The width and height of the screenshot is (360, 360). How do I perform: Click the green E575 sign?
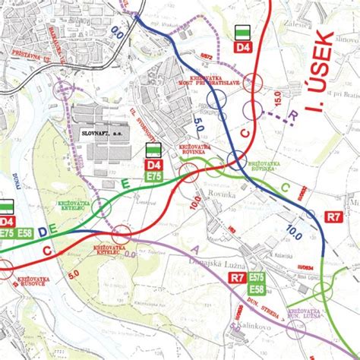[x=256, y=278]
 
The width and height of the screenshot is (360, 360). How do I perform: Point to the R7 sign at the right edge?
[x=334, y=216]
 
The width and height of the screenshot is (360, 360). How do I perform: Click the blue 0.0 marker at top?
[x=116, y=33]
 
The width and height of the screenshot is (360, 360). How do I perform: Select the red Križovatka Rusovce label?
[x=29, y=283]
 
